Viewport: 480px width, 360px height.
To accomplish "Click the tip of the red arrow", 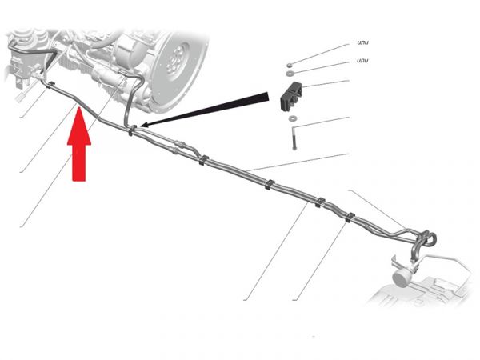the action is coord(79,107).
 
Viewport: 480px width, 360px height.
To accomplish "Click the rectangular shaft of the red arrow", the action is coord(79,162).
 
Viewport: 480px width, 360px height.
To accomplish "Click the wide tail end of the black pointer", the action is coord(266,97).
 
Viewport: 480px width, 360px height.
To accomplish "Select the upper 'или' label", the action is coord(362,42).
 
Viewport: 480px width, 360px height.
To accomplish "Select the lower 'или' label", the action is coord(362,60).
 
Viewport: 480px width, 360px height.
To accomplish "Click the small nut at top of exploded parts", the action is coord(289,66).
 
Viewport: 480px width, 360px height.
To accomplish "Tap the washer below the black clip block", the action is coord(294,118).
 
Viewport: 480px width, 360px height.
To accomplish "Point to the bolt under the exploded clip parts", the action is coord(294,138).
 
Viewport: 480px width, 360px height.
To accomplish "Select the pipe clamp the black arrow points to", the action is coord(132,130).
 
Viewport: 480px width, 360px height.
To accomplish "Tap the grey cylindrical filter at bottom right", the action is coord(402,277).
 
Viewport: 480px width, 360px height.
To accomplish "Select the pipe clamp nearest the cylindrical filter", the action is coord(350,217).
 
